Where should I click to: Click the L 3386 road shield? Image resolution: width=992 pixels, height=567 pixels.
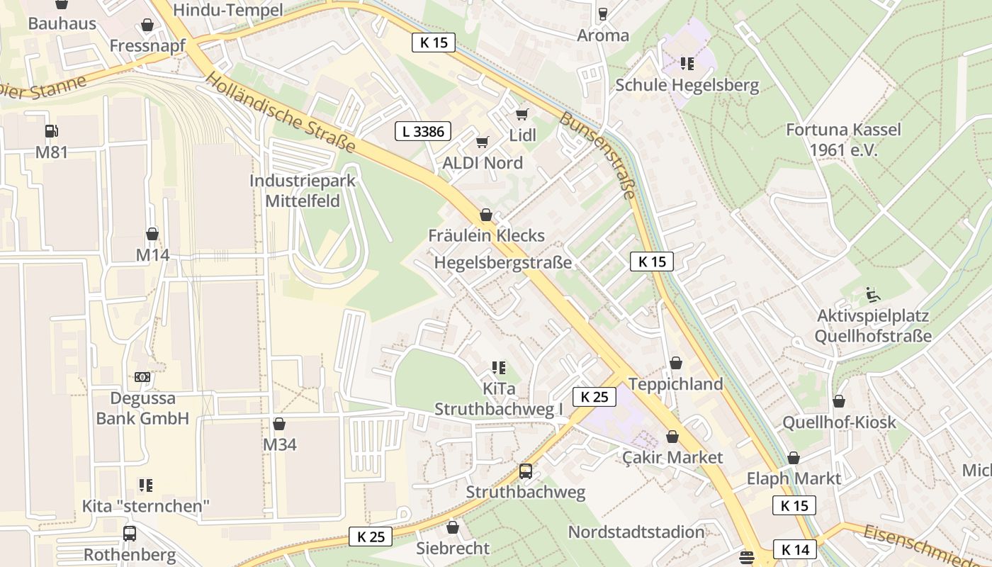point(422,131)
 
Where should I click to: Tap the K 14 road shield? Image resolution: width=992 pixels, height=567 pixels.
point(794,549)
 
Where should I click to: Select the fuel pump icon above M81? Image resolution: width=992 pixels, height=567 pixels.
point(51,131)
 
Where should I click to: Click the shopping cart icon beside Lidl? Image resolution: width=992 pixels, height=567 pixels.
point(522,114)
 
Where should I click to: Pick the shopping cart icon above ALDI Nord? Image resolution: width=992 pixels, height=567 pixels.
point(483,142)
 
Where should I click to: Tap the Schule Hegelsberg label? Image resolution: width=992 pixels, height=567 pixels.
point(687,85)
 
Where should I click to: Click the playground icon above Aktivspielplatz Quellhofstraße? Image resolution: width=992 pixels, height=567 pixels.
point(873,294)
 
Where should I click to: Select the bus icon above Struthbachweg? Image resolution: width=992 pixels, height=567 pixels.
point(526,471)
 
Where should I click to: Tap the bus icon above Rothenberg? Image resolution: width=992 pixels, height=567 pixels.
point(130,533)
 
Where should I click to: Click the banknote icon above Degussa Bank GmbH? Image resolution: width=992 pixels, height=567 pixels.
point(142,377)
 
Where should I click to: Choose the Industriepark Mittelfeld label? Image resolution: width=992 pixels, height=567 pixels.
point(303,191)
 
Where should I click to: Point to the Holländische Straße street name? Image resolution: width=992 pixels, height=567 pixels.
point(281,112)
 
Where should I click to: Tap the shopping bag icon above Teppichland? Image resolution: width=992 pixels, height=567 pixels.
point(676,363)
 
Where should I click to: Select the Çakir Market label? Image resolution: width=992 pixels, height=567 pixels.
point(672,457)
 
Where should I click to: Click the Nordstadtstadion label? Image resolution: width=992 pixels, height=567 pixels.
point(636,532)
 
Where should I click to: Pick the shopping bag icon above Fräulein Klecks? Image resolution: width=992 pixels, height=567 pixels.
point(486,214)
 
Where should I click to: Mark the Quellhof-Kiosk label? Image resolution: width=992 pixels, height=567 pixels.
point(839,422)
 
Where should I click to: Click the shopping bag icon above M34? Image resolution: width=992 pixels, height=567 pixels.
point(279,424)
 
